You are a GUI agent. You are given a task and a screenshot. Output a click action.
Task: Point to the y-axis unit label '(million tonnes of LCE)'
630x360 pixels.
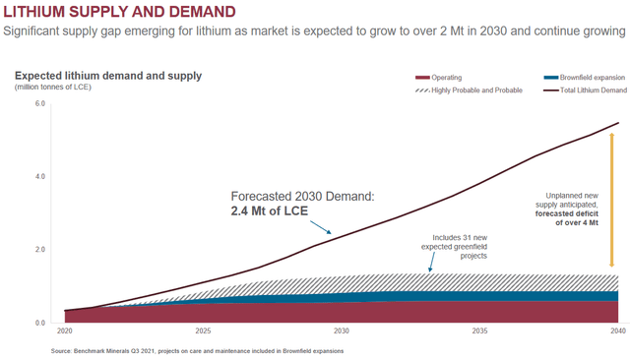[60, 87]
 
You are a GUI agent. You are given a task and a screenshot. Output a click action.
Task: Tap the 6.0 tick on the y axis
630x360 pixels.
[40, 103]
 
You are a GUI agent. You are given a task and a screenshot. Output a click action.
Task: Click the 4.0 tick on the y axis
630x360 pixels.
[40, 176]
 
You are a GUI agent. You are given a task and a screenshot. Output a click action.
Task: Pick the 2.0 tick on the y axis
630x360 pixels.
[40, 250]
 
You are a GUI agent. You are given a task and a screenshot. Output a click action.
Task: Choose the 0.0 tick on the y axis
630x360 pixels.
[40, 323]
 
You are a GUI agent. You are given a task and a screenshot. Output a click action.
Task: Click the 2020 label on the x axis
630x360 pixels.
[65, 332]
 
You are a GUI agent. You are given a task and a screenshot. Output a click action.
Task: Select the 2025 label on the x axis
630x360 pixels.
[203, 332]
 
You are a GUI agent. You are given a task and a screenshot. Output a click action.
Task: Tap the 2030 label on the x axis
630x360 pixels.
[342, 332]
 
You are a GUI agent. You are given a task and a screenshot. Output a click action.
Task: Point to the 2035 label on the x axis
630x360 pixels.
[479, 332]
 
